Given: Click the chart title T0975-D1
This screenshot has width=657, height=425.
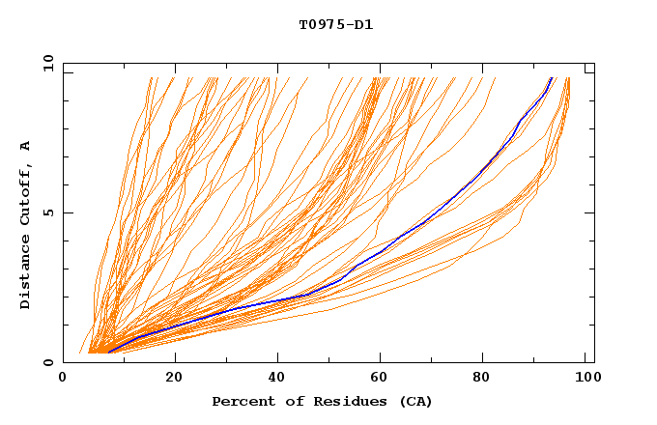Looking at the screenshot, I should [x=335, y=25].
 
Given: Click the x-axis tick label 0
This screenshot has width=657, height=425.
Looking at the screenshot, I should [x=63, y=379].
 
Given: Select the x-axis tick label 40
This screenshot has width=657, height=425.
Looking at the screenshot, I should [x=279, y=379].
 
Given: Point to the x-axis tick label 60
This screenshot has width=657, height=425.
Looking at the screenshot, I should [x=384, y=379].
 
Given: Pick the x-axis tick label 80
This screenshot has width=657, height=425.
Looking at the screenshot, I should [x=488, y=379].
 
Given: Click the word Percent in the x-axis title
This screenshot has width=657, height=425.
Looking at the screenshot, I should [x=241, y=401].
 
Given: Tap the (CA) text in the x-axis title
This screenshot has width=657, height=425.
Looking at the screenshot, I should [x=414, y=401].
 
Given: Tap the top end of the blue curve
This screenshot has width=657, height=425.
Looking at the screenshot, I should [x=551, y=78].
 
